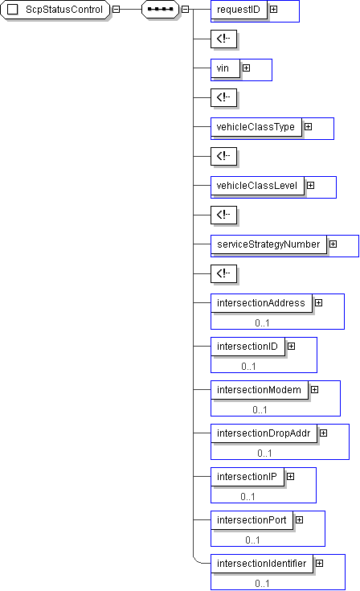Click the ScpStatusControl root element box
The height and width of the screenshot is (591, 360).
[55, 10]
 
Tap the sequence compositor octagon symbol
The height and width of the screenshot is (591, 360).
[160, 9]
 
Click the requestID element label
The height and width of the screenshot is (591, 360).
[239, 10]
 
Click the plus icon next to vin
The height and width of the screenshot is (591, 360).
[246, 68]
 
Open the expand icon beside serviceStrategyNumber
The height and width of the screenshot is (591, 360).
[333, 244]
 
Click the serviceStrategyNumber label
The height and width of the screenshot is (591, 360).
[268, 244]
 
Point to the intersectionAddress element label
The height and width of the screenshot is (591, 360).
[261, 303]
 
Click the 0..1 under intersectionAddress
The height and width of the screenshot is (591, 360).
[262, 323]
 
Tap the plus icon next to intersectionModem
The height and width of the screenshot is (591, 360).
[314, 389]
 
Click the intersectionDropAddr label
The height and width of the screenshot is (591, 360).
[264, 433]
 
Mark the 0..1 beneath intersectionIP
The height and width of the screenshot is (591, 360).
[247, 497]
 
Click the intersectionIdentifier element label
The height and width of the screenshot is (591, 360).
[262, 564]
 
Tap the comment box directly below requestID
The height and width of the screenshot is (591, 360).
[223, 39]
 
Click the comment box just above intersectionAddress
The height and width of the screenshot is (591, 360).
[223, 273]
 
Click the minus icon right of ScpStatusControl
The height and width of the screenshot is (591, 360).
[117, 9]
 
